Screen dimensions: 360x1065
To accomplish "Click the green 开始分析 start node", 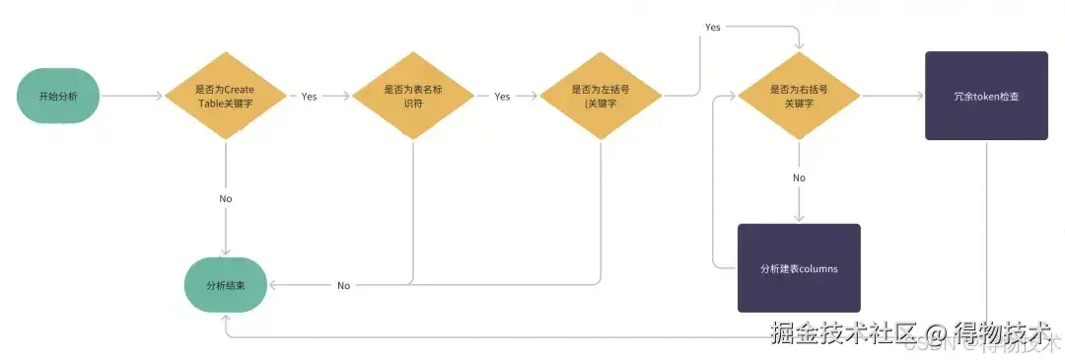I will click(55, 97).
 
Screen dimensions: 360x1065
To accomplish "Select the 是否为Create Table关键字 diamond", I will click(226, 96).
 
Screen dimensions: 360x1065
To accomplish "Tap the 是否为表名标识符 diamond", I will click(413, 96).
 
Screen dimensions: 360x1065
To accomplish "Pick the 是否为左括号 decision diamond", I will click(602, 96).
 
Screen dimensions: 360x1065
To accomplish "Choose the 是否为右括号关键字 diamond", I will click(799, 96).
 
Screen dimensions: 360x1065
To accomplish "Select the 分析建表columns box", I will click(799, 268).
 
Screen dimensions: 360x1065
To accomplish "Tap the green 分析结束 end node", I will click(226, 284).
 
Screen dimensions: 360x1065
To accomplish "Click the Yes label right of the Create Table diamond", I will click(309, 97).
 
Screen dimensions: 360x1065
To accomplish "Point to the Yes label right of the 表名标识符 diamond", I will click(502, 97).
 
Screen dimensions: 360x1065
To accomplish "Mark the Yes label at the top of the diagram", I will click(712, 27).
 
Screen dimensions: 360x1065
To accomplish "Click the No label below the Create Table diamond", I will click(226, 198).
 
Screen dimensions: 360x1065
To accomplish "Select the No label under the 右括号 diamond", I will click(799, 178).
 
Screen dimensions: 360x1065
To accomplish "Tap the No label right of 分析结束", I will click(343, 285).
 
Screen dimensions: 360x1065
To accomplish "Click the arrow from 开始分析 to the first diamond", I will click(130, 97).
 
